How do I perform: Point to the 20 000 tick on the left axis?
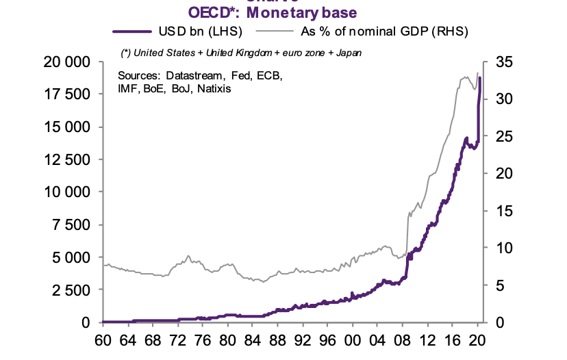coord(67,62)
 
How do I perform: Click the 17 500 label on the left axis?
coord(67,94)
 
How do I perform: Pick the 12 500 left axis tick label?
coord(67,159)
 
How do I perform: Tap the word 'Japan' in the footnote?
coord(349,53)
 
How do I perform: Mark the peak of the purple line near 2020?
coord(479,78)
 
